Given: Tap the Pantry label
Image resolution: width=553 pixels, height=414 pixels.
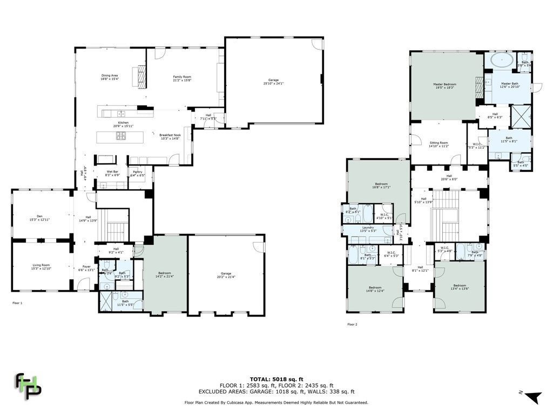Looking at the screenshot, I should click(138, 173).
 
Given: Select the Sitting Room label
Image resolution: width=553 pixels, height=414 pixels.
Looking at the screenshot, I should click(439, 144).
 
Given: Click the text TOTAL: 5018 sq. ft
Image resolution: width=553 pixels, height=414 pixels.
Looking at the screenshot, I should click(276, 379).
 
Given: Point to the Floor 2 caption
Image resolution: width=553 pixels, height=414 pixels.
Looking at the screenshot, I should click(352, 325).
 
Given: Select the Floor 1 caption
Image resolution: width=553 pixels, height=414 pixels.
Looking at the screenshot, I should click(17, 303).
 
